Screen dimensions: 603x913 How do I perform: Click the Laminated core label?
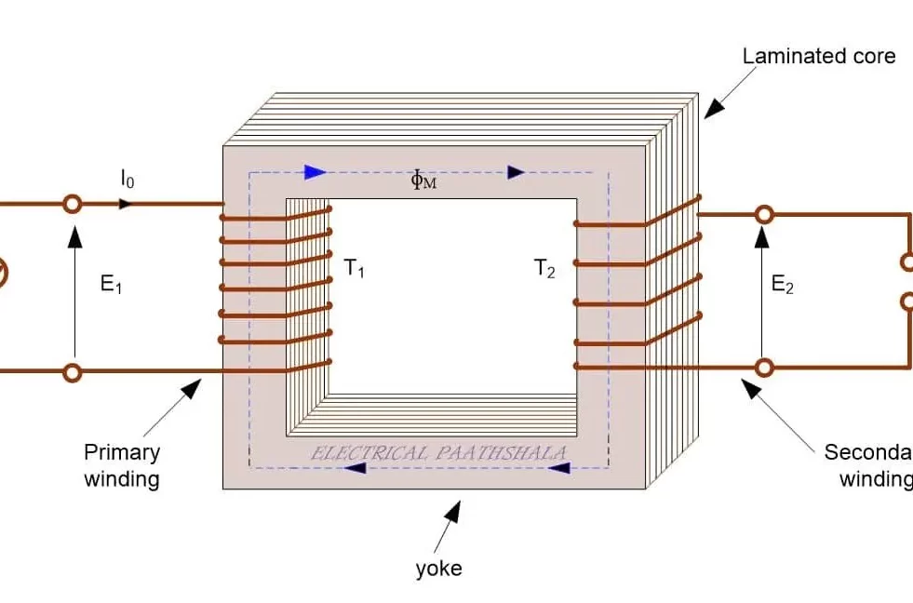pyautogui.click(x=818, y=57)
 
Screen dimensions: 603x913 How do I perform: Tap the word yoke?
pyautogui.click(x=438, y=568)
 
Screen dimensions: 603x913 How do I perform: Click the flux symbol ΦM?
pyautogui.click(x=423, y=180)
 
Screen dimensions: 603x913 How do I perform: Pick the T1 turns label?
pyautogui.click(x=355, y=270)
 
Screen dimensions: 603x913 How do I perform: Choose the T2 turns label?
pyautogui.click(x=544, y=270)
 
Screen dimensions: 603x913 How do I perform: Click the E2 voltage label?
pyautogui.click(x=783, y=286)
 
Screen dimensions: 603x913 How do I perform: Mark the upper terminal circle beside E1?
pyautogui.click(x=72, y=204)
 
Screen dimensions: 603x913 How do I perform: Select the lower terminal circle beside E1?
pyautogui.click(x=72, y=372)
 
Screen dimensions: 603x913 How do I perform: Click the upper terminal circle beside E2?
pyautogui.click(x=764, y=215)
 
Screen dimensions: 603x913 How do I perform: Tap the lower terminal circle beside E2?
pyautogui.click(x=764, y=368)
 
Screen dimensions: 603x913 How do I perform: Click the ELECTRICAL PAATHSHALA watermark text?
pyautogui.click(x=438, y=453)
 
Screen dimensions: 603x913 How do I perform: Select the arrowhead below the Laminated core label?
pyautogui.click(x=712, y=109)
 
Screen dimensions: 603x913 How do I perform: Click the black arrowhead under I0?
pyautogui.click(x=125, y=204)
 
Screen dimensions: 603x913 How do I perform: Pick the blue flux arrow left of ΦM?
pyautogui.click(x=315, y=172)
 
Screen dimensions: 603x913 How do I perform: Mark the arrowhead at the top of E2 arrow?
pyautogui.click(x=764, y=237)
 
